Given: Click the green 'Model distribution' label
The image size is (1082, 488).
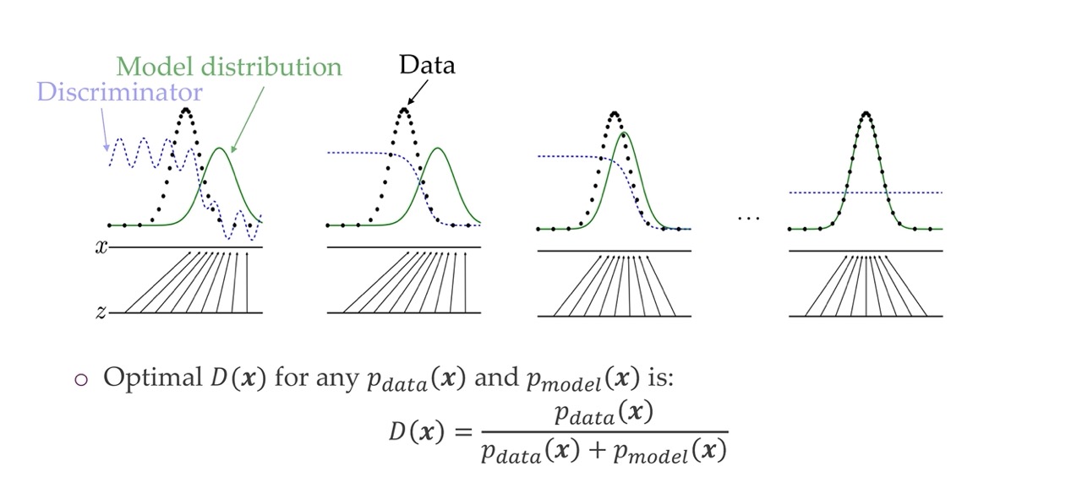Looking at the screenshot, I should coord(228,66).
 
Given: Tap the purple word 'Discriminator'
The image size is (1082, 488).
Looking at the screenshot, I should coord(120,91).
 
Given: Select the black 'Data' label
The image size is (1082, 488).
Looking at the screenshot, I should coord(427,64).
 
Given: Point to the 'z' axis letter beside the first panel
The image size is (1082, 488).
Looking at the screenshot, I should coord(101,313).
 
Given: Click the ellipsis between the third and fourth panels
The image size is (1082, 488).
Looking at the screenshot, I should coord(748,219).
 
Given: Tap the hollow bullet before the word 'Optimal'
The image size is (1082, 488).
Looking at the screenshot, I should coord(81,379).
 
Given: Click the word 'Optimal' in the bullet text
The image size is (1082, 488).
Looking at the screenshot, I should coord(150,377).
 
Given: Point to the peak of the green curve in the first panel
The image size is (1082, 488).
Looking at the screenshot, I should coord(220,149).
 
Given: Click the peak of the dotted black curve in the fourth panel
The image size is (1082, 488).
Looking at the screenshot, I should coord(866,112).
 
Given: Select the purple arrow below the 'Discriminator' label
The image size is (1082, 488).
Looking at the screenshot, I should coord(104,135).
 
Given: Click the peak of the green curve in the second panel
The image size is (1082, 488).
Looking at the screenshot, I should coord(438,149).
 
